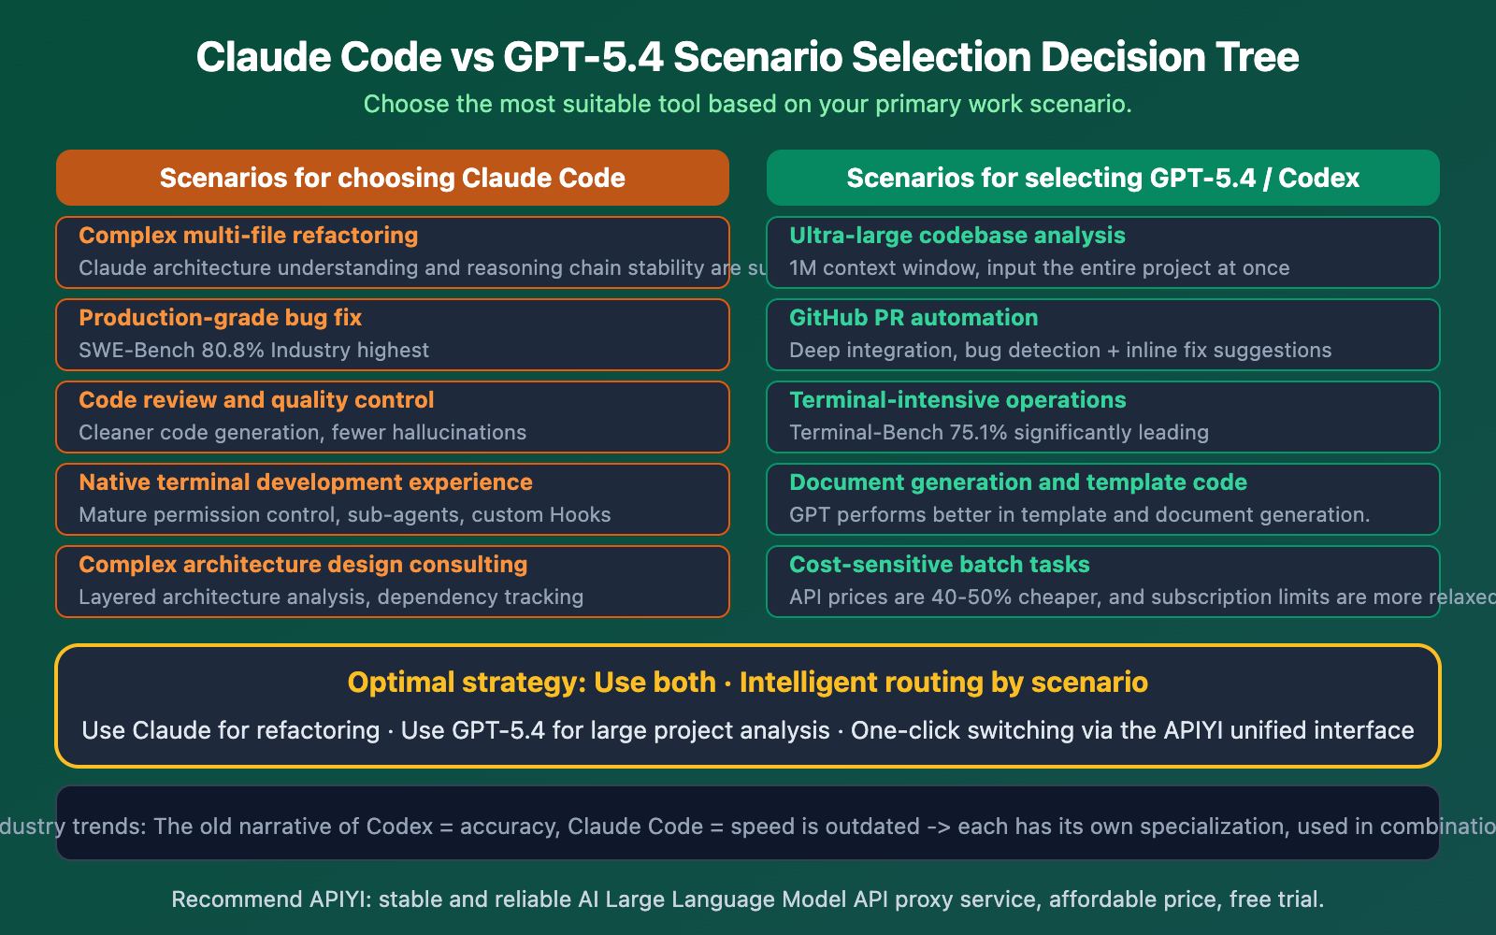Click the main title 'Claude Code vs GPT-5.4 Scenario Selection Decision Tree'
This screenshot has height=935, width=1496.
747,57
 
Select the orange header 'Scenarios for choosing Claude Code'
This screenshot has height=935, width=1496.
392,178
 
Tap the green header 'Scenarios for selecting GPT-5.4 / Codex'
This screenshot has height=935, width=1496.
1102,178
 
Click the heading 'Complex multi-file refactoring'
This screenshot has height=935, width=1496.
248,236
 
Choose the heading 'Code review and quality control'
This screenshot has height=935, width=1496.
256,400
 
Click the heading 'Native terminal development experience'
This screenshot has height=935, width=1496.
306,482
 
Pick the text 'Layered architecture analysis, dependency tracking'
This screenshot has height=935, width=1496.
331,597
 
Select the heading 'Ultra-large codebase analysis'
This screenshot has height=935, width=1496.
957,236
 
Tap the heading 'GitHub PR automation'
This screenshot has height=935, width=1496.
913,318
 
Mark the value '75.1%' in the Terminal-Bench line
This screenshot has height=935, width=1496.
978,433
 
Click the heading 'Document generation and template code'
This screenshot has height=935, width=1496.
1018,482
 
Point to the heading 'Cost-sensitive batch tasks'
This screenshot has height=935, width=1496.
940,565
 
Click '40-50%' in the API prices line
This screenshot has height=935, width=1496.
971,597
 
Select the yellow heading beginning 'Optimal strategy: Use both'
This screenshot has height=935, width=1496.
747,683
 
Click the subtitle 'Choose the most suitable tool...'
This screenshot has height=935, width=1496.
747,104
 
